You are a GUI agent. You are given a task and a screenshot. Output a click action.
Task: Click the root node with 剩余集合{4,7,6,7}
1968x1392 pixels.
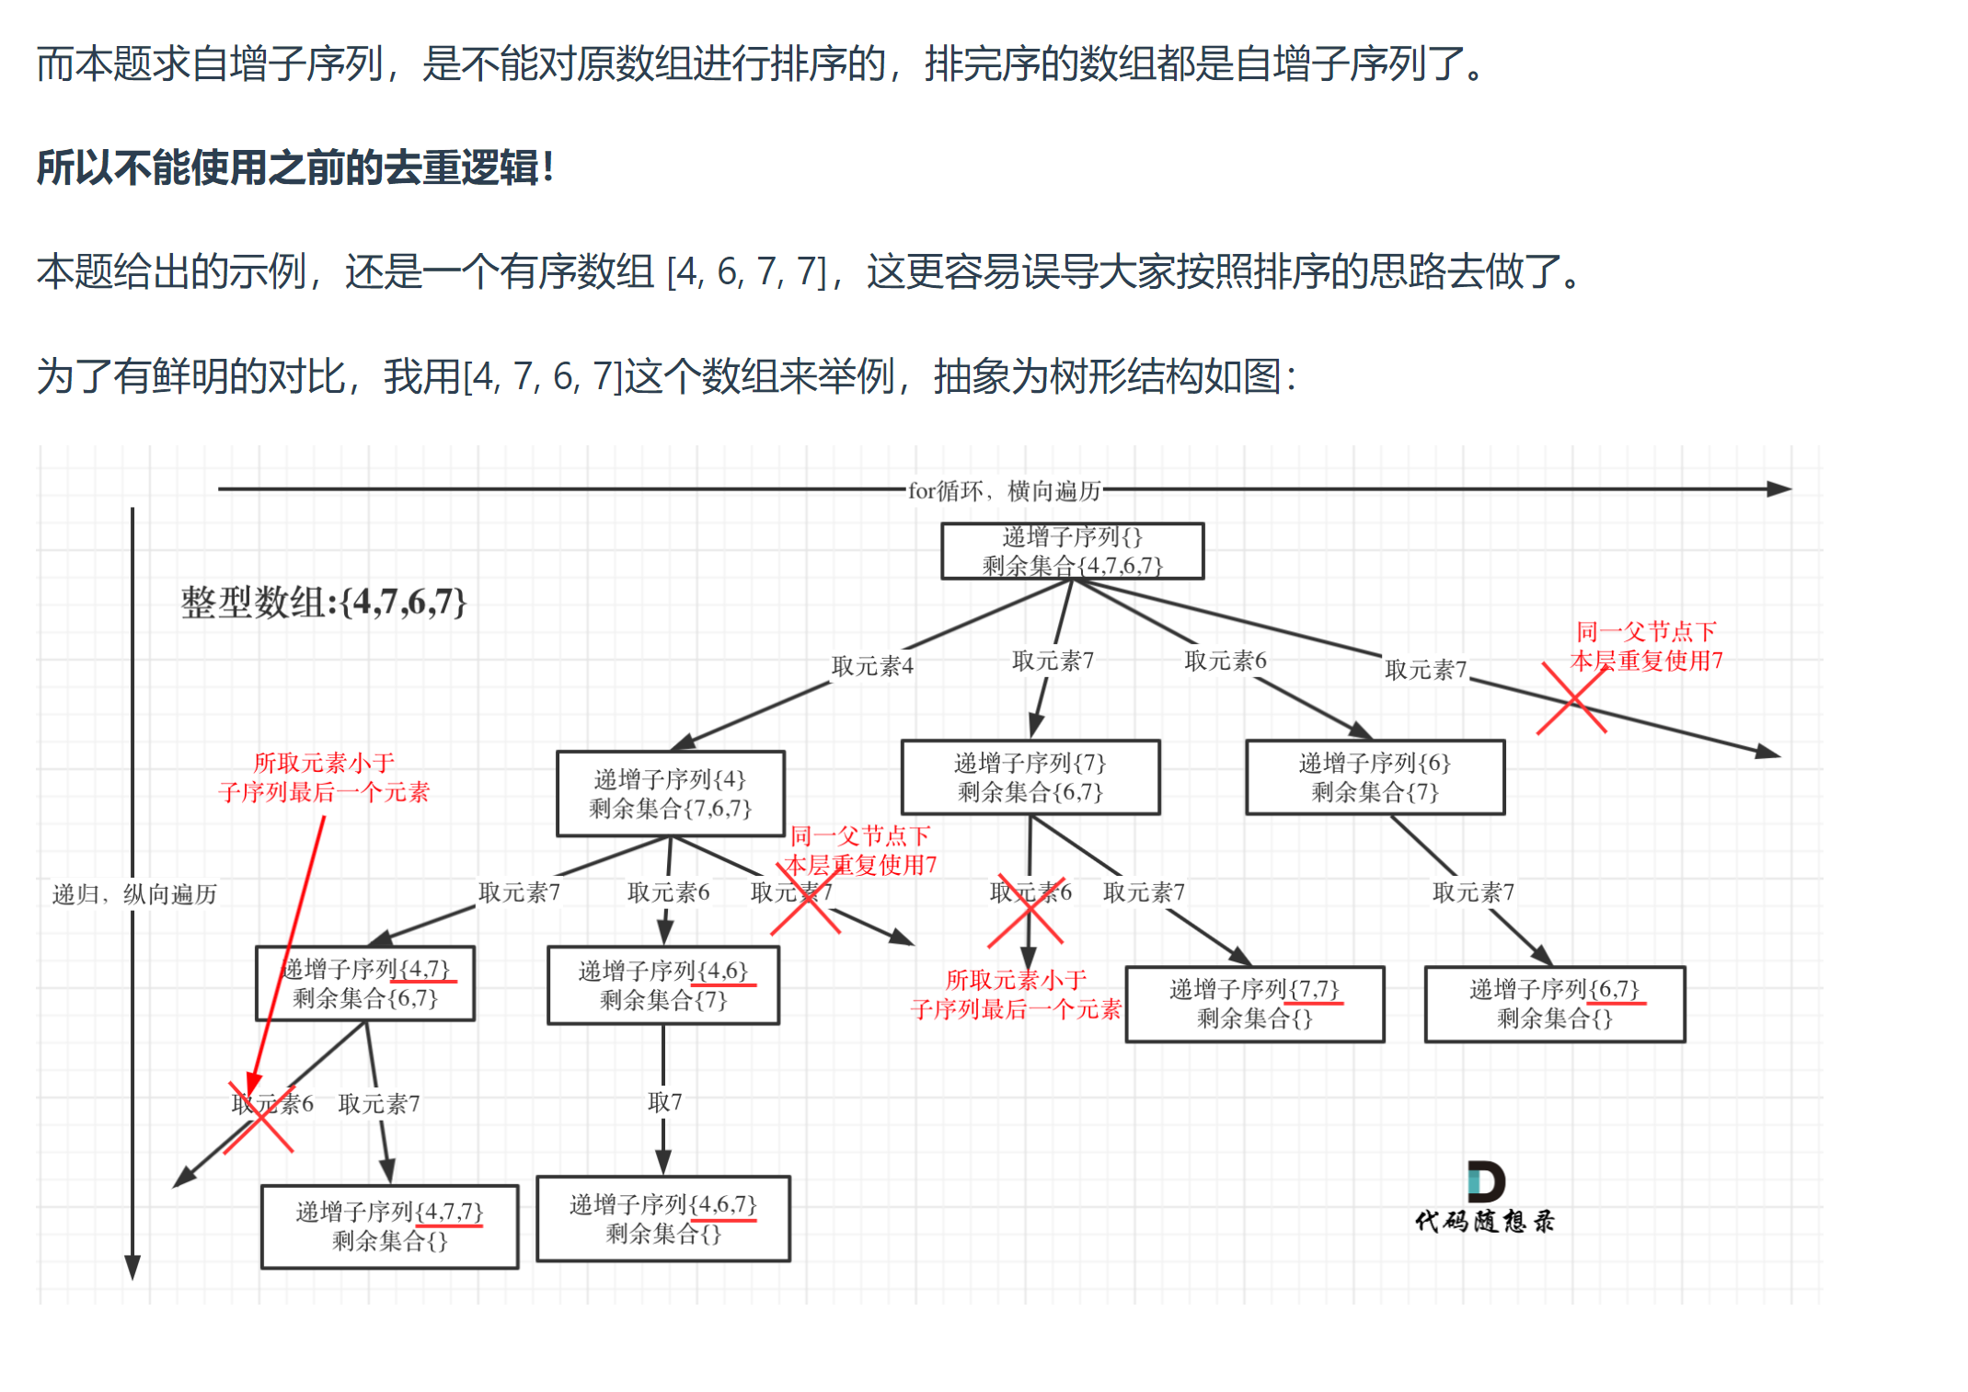[x=1072, y=551]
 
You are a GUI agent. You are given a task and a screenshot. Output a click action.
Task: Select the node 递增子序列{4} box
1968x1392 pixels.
[x=670, y=793]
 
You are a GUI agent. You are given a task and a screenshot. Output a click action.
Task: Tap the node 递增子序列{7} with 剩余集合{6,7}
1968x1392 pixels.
[x=1030, y=777]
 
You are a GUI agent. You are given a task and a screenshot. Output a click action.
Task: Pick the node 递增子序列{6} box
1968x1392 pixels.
[x=1375, y=777]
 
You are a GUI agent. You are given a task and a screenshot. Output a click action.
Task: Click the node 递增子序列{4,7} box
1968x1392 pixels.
[x=365, y=984]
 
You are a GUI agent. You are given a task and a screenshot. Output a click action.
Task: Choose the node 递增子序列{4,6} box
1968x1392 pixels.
[x=662, y=985]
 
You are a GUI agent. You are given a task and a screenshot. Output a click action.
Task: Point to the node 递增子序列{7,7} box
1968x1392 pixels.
[x=1254, y=1004]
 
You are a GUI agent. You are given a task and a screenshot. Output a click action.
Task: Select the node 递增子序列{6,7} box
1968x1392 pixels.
[x=1554, y=1004]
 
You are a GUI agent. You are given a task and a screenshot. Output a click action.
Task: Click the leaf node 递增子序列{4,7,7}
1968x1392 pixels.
[x=389, y=1226]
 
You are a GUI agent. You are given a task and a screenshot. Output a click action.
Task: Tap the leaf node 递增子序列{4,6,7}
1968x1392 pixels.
[x=662, y=1219]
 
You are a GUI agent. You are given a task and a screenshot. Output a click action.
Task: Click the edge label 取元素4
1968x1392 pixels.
[x=871, y=666]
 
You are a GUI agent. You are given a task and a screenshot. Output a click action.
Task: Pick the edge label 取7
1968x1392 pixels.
[x=664, y=1102]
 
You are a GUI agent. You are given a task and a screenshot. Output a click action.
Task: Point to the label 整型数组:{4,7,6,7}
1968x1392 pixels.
[x=323, y=603]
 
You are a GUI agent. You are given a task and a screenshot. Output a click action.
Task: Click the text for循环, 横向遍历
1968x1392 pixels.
[x=1004, y=490]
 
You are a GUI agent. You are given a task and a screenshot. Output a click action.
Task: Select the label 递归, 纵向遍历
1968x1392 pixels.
[x=134, y=894]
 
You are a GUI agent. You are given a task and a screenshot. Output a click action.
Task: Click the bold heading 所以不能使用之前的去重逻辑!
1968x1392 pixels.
[x=294, y=168]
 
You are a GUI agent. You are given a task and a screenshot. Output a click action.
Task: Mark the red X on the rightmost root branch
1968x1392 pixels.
[x=1571, y=699]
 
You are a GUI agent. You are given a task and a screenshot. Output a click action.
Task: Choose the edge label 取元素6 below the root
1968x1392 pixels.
[x=1225, y=661]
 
